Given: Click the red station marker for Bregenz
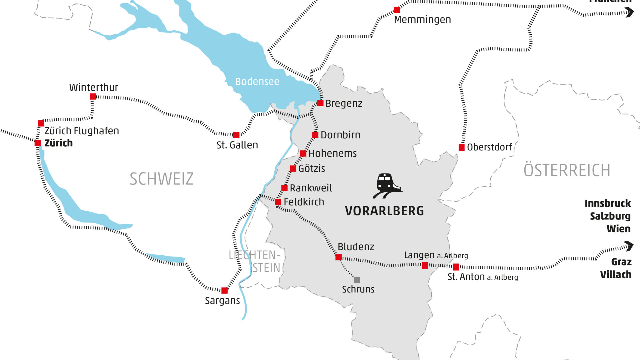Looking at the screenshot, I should [320, 103].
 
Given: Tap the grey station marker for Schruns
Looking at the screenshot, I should [357, 280].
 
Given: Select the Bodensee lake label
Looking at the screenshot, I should [257, 82].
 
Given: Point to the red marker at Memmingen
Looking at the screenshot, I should [397, 10].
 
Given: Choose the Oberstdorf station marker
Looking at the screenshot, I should [462, 147].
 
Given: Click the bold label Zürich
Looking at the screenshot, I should [59, 143].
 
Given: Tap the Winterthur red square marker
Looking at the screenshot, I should [93, 97].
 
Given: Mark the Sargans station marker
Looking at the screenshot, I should [225, 290].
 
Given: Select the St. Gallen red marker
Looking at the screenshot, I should [236, 135].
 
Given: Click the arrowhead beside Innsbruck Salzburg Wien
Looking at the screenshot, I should [629, 246].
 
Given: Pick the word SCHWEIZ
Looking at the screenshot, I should [161, 179].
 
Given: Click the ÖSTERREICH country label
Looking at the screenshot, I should [567, 171].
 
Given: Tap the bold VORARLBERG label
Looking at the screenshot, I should [384, 211].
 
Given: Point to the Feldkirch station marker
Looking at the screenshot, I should [278, 202].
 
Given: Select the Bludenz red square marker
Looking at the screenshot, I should [338, 257].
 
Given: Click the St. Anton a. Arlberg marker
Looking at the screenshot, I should [456, 267].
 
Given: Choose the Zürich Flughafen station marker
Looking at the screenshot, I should [41, 123].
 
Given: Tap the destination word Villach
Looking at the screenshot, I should [616, 275].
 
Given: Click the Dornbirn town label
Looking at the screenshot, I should [340, 135].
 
